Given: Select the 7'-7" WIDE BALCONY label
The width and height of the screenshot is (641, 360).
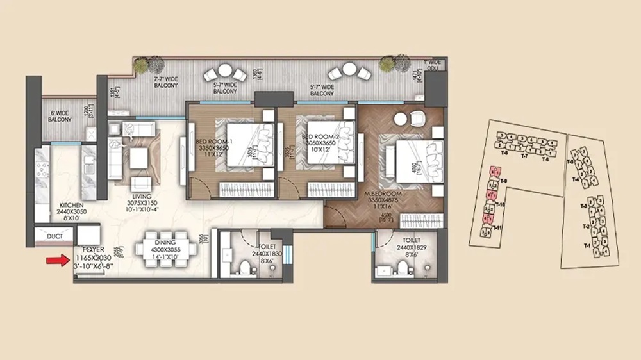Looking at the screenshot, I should coord(166,83).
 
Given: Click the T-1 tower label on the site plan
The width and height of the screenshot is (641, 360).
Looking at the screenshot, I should coord(587,246).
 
